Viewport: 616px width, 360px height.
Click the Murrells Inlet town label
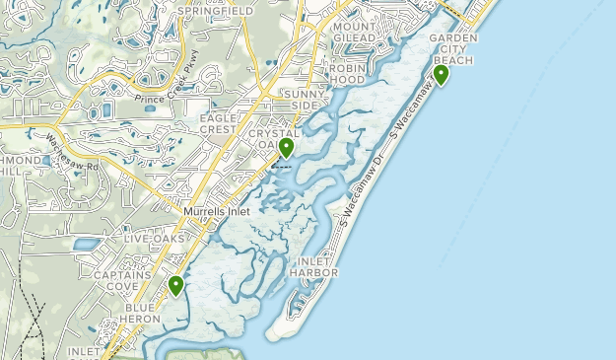(x=216, y=211)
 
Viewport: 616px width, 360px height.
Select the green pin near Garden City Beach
(x=441, y=74)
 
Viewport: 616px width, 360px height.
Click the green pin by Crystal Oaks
(x=286, y=148)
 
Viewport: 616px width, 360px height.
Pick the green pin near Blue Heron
(x=176, y=286)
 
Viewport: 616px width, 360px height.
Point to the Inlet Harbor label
(x=315, y=266)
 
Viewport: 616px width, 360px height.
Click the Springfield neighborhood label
(x=216, y=11)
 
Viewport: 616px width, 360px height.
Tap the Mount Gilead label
(x=355, y=32)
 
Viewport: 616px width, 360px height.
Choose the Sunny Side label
(x=301, y=99)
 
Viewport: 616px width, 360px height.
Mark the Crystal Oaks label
(x=273, y=139)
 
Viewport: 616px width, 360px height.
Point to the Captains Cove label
(x=122, y=281)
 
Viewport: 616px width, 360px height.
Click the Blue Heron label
(x=146, y=314)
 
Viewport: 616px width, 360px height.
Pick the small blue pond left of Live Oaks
(x=86, y=244)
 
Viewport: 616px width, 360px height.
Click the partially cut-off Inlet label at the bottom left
(x=85, y=351)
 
